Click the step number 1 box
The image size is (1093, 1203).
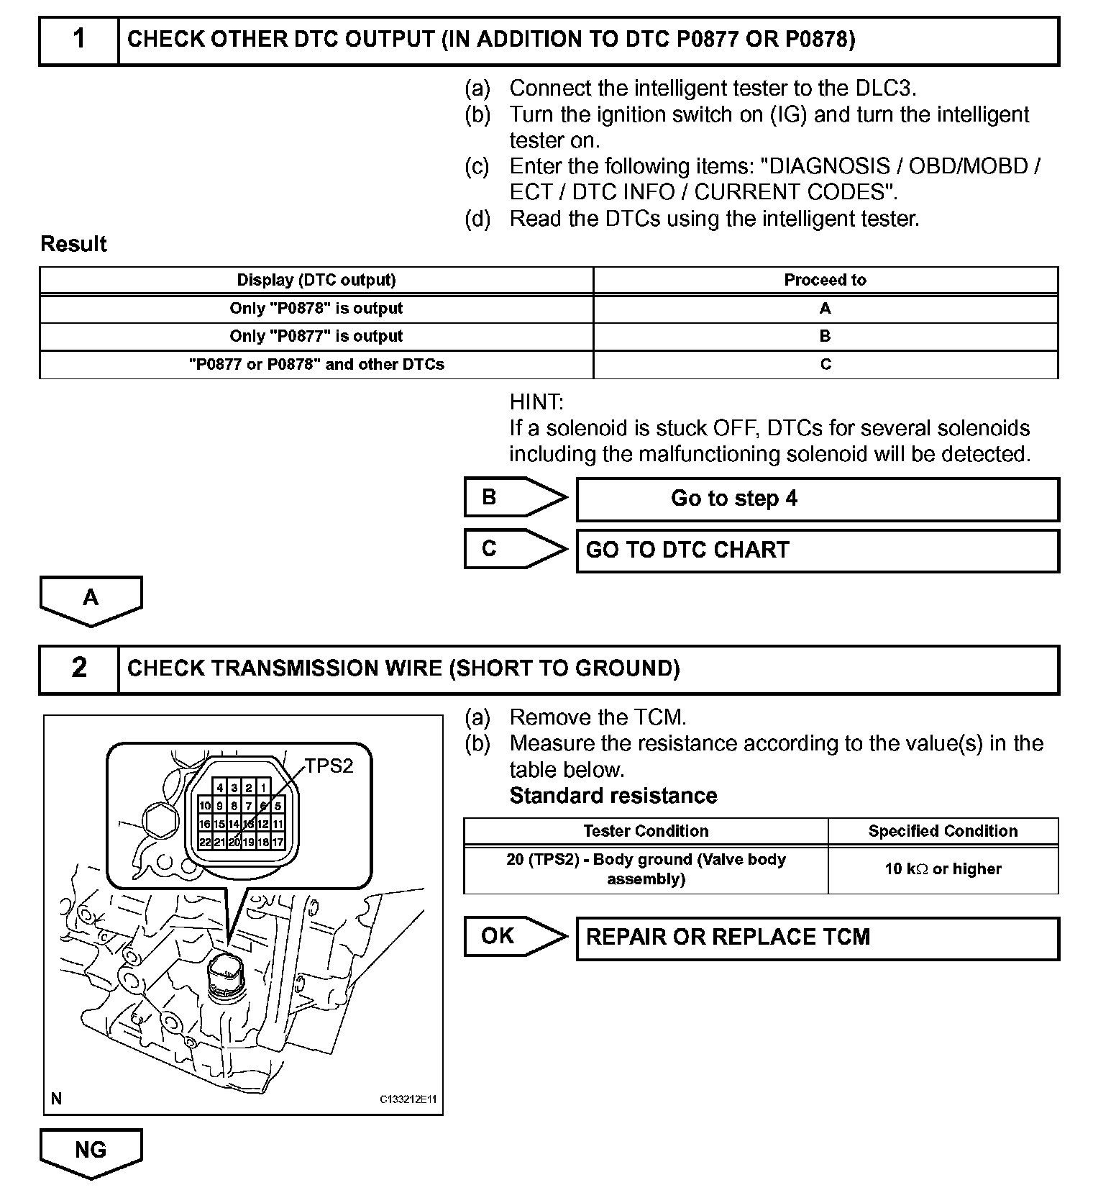click(79, 40)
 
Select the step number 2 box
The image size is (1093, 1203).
click(79, 668)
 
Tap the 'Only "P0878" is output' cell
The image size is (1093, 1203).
click(316, 309)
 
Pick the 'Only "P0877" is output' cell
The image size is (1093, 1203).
click(316, 336)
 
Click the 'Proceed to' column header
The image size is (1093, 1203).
click(825, 280)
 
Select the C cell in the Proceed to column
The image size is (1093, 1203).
click(825, 364)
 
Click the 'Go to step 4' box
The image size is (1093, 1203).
click(817, 499)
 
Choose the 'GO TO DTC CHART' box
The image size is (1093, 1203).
click(817, 550)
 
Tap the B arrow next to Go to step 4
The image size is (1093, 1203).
click(513, 497)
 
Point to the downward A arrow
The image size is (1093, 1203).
click(91, 599)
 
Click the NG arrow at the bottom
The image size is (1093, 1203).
click(91, 1151)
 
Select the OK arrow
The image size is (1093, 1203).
click(513, 936)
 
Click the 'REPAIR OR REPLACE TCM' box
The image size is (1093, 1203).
click(817, 938)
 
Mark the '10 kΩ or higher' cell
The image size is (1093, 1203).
click(943, 869)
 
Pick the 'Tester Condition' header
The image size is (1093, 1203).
click(646, 831)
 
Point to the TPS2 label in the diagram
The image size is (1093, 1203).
click(329, 766)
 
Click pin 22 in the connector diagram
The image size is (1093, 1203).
click(205, 842)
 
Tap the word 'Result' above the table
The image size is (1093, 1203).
click(73, 244)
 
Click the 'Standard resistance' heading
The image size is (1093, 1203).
click(613, 796)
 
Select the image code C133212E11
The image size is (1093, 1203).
click(408, 1099)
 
